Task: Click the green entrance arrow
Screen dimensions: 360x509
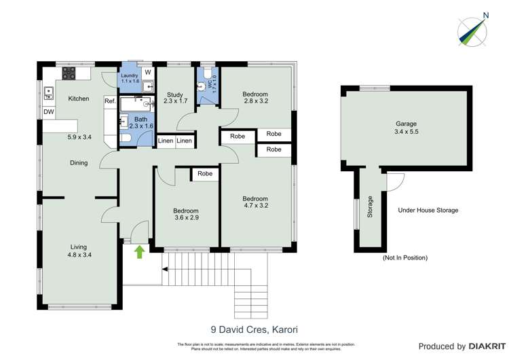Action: [139, 252]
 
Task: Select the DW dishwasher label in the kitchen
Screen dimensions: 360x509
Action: [49, 112]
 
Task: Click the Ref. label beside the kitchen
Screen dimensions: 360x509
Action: [110, 101]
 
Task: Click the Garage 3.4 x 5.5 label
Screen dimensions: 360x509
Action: [406, 128]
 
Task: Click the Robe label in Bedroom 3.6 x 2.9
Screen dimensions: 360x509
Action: [204, 174]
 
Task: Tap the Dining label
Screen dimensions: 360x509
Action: [79, 163]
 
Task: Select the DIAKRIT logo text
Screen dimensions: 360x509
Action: [478, 346]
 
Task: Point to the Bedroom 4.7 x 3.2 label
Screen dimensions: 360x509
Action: [258, 202]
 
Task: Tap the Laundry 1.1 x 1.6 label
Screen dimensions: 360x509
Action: [130, 78]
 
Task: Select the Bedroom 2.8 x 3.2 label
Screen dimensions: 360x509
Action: [256, 98]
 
